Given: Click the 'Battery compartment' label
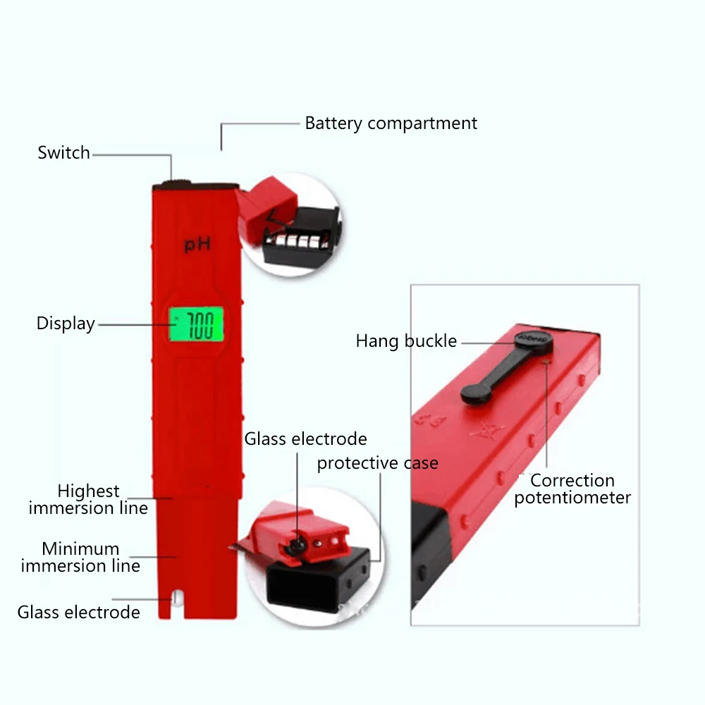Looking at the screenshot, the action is click(x=391, y=123).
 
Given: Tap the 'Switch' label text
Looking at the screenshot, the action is click(x=64, y=153).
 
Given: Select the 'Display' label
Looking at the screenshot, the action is click(x=66, y=324).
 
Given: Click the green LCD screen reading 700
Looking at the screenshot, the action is click(x=196, y=324).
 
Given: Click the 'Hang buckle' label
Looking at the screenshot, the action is click(x=406, y=341).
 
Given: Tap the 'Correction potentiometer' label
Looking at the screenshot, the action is click(x=572, y=489).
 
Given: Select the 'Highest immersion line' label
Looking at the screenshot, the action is click(x=88, y=499).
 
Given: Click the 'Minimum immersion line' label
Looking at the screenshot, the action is click(x=80, y=557).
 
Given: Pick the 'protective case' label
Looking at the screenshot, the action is click(x=378, y=462).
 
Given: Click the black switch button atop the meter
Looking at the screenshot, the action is click(x=177, y=184).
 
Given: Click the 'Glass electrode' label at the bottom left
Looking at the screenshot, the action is click(x=79, y=613).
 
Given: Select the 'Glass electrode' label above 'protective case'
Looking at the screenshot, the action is click(x=306, y=439).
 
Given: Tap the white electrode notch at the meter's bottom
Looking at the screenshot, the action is click(x=177, y=598).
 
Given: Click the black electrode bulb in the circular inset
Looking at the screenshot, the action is click(x=297, y=546).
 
